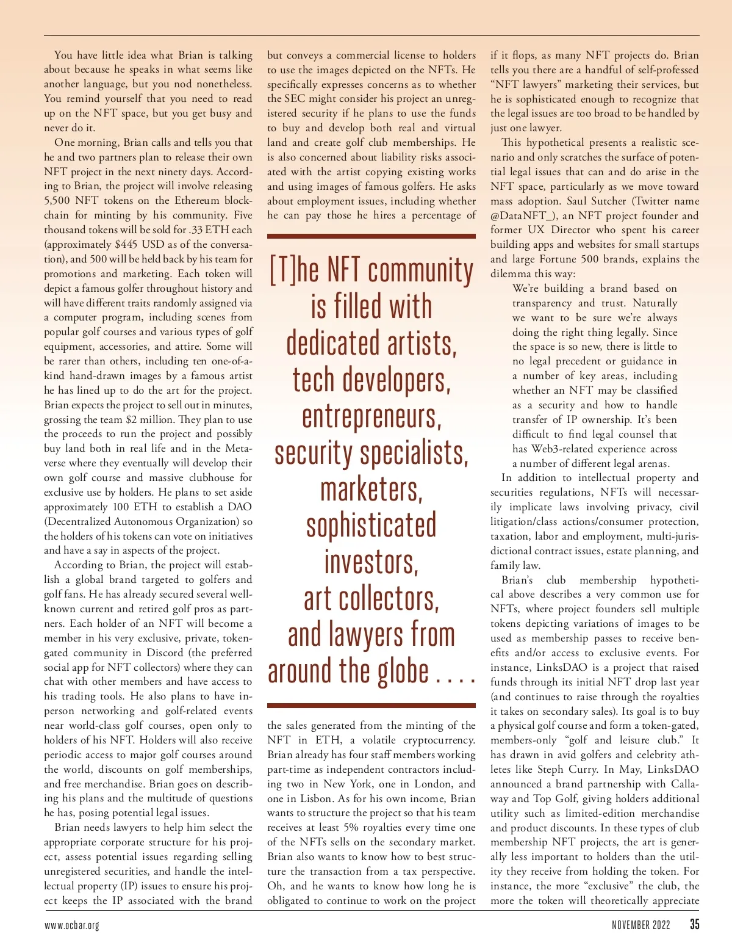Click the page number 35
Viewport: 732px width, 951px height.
[694, 924]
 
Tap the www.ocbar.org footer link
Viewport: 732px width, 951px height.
[71, 925]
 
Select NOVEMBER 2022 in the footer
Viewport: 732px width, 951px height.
[640, 925]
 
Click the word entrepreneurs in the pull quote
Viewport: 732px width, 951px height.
[371, 417]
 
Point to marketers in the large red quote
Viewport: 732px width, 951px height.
[371, 490]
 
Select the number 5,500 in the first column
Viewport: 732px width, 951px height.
[59, 200]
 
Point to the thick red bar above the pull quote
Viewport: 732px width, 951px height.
[371, 236]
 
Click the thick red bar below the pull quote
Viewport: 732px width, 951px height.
[371, 706]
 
